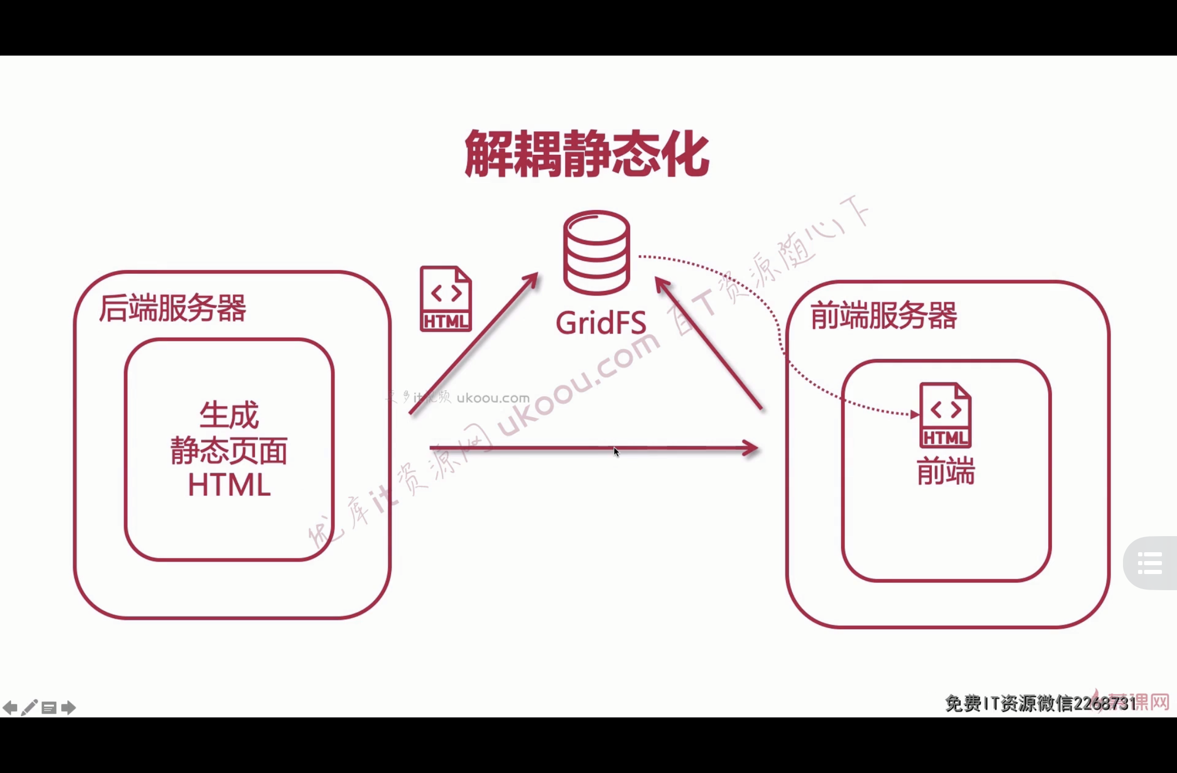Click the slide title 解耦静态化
(586, 154)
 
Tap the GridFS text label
(601, 323)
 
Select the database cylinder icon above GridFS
(597, 252)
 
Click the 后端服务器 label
(172, 308)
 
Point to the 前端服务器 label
(884, 315)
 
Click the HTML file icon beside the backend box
(446, 299)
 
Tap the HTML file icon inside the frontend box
(945, 415)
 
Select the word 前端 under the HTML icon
(946, 471)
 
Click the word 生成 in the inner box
(229, 415)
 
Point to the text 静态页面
(229, 450)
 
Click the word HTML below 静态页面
(229, 485)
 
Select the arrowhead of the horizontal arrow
(751, 448)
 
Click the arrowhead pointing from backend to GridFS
(531, 279)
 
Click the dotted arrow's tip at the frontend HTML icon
(915, 415)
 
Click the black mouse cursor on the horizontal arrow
(616, 451)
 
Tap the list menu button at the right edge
(1150, 563)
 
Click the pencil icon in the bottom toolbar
(29, 708)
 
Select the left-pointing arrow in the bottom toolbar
(10, 708)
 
